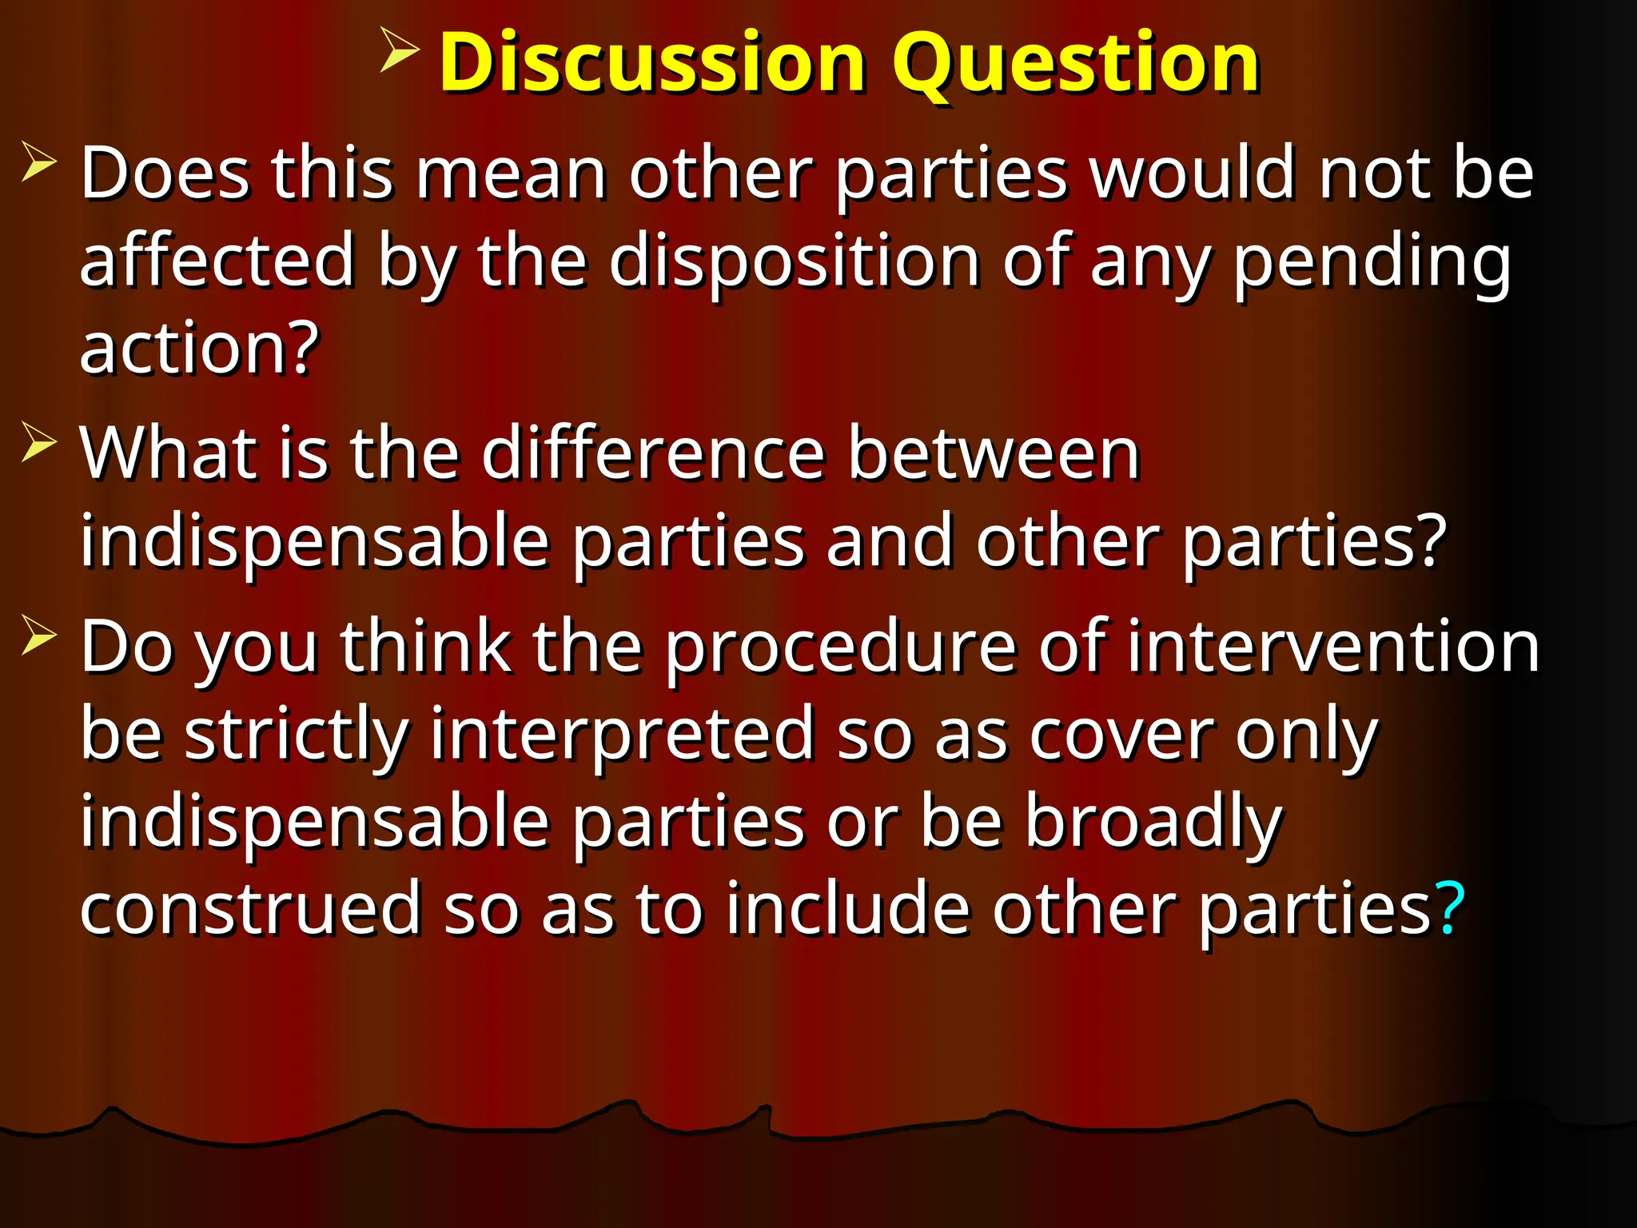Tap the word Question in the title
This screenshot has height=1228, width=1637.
(1075, 64)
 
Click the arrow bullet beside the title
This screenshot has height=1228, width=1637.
(400, 50)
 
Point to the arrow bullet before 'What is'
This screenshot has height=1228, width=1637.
(39, 442)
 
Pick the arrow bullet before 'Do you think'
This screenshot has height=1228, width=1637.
(39, 635)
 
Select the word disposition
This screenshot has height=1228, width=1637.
(795, 261)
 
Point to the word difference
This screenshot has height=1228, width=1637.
(653, 453)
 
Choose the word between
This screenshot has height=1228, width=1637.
(994, 453)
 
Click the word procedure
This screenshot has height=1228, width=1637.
(841, 648)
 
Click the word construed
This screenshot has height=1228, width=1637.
(250, 908)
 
